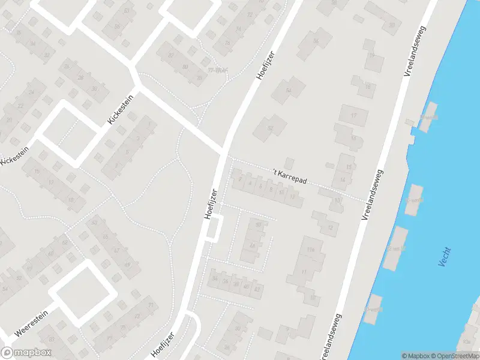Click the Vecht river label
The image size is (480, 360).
tap(445, 257)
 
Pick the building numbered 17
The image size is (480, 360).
tap(353, 115)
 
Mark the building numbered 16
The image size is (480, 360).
tap(353, 138)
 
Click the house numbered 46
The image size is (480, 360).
tap(236, 285)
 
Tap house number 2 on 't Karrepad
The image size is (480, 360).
tap(240, 178)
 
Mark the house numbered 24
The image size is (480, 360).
tap(226, 281)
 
